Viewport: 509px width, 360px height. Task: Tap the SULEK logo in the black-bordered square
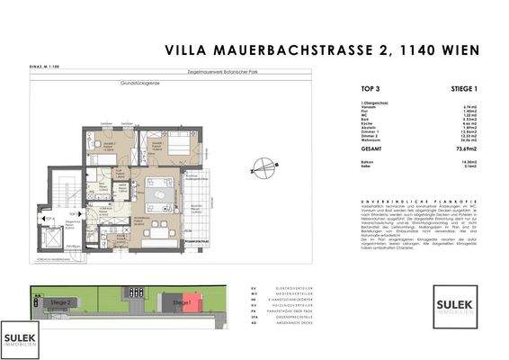point(455,301)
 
